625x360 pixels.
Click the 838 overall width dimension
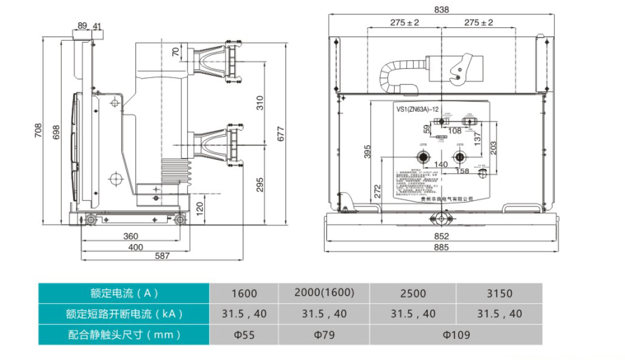tap(441, 9)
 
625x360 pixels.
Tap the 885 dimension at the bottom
tap(441, 247)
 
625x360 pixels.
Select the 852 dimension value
tap(441, 236)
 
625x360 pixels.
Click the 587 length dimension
tap(162, 255)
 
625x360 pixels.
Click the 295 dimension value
tap(260, 185)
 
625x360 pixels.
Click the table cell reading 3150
tap(499, 293)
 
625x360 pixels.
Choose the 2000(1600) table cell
tap(324, 293)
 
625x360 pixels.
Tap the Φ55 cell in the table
tap(244, 335)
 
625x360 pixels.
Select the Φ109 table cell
tap(456, 335)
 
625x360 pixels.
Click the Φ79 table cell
tap(324, 335)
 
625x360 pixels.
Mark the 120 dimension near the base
tap(199, 208)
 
